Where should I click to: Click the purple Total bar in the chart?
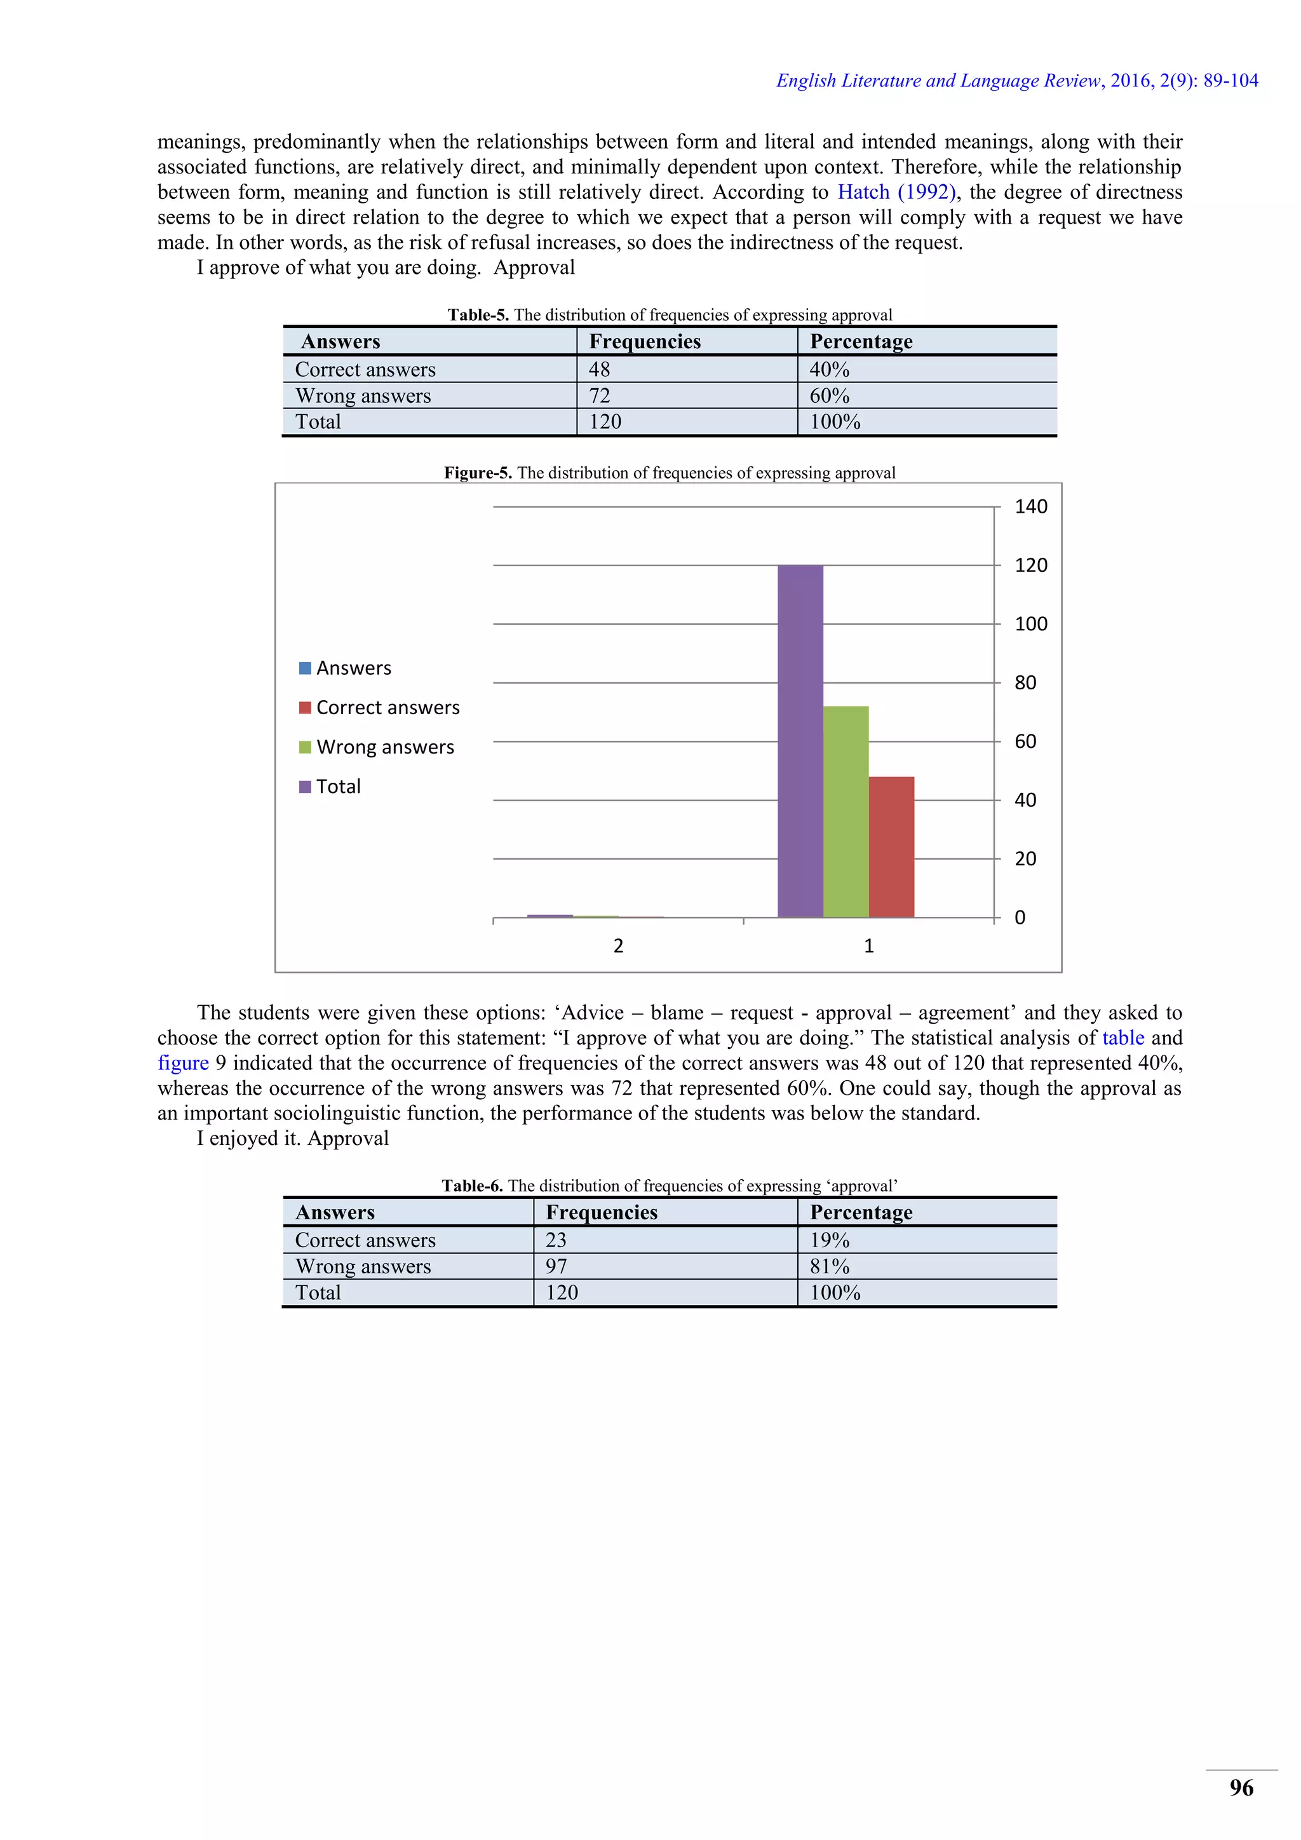click(800, 741)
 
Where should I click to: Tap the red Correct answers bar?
click(891, 846)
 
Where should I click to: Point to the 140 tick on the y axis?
click(1030, 506)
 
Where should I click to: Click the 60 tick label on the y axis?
click(1025, 741)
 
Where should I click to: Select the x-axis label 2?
click(617, 945)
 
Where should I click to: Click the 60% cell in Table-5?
click(829, 396)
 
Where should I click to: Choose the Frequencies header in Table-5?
click(645, 341)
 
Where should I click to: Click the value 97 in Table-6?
click(556, 1266)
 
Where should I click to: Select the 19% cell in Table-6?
click(829, 1240)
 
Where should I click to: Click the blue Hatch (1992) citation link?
click(896, 193)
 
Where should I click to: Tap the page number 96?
click(1241, 1788)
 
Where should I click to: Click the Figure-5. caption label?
click(478, 473)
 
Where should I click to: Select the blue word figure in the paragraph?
click(183, 1063)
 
